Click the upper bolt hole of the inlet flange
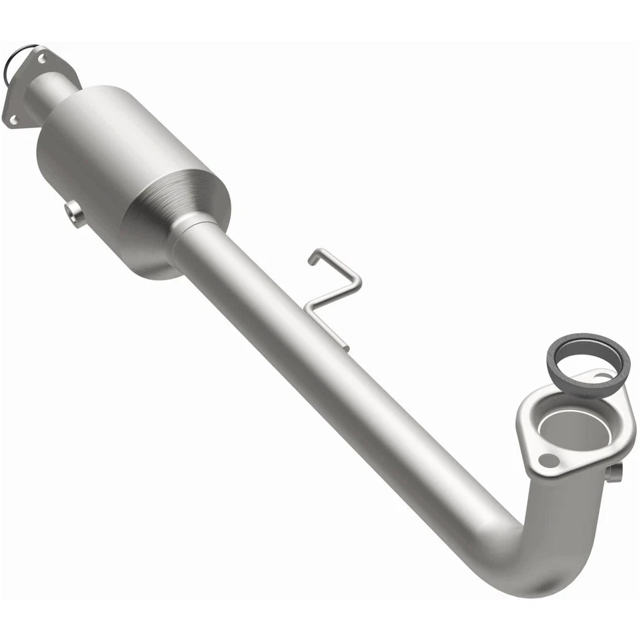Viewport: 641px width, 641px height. pyautogui.click(x=42, y=59)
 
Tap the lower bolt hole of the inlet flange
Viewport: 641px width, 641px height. pyautogui.click(x=13, y=119)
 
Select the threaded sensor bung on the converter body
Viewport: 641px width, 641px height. pyautogui.click(x=75, y=214)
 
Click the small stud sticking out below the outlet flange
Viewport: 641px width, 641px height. pyautogui.click(x=614, y=472)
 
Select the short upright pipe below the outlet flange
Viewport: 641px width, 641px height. pyautogui.click(x=568, y=514)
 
